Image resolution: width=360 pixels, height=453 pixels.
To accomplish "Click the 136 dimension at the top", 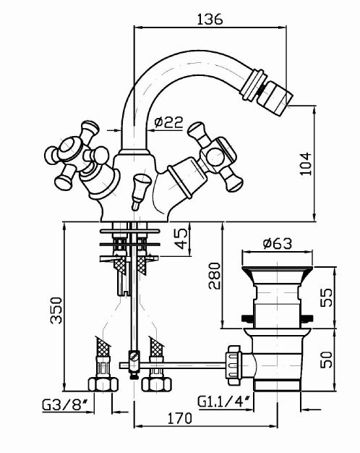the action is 210,19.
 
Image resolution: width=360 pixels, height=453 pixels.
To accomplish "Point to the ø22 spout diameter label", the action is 168,122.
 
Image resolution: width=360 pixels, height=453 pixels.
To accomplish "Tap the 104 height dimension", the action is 306,164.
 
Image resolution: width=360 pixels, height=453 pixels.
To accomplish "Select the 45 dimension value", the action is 181,239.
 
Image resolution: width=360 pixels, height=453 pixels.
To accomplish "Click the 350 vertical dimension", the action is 56,310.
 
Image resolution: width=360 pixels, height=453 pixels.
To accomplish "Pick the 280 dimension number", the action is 214,276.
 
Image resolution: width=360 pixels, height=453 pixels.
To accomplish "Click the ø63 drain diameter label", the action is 278,244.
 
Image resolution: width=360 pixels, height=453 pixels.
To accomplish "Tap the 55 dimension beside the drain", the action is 327,297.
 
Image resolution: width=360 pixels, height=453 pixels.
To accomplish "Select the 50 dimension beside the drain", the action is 327,359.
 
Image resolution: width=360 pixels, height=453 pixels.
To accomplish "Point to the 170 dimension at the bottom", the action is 179,418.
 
